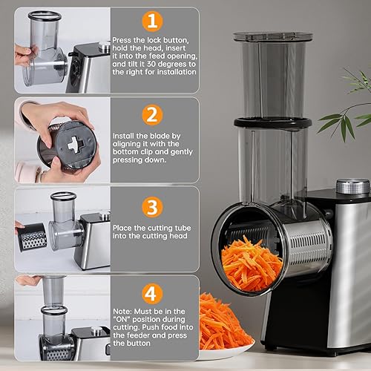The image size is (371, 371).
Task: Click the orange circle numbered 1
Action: tap(152, 20)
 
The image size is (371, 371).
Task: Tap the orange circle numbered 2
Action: tap(152, 115)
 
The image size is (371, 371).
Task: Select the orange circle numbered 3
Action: tap(152, 205)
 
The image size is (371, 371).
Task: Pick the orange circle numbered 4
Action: tap(152, 294)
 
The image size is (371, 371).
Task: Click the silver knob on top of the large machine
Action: tap(352, 186)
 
